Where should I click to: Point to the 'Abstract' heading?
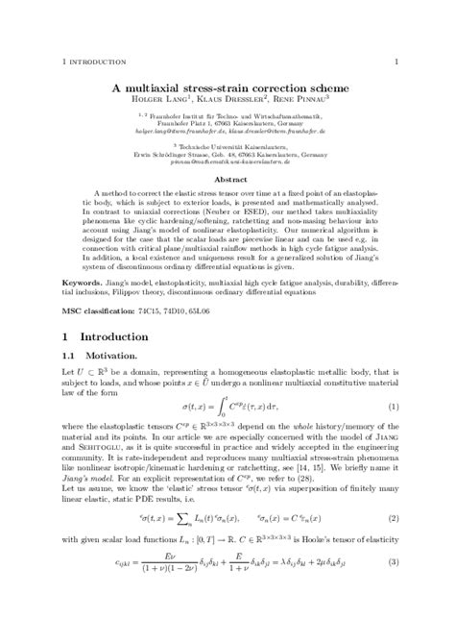tap(227, 179)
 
